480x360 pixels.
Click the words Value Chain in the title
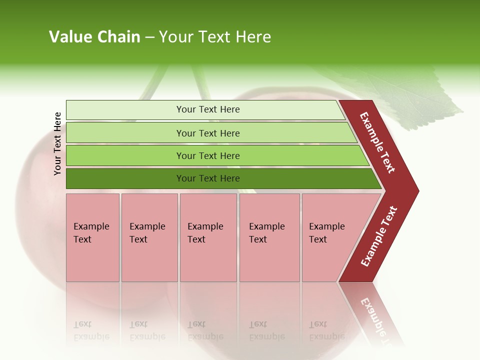coord(94,37)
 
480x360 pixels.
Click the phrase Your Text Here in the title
coord(215,37)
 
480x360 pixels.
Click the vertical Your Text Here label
coord(57,143)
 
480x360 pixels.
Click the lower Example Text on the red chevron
coord(379,236)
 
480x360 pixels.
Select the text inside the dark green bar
coord(208,178)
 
